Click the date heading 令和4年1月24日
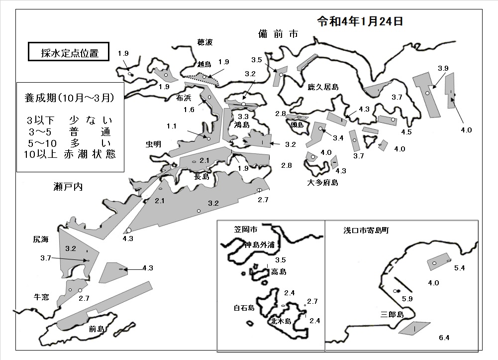point(360,21)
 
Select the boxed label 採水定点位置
point(69,52)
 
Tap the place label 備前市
point(278,33)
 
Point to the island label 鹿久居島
point(323,87)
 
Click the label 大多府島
point(322,182)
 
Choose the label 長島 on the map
point(201,176)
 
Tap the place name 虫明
point(153,144)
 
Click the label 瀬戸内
point(68,187)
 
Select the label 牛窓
point(41,297)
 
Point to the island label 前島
point(97,329)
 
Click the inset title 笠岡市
point(245,229)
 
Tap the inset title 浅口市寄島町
point(366,231)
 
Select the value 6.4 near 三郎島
point(444,338)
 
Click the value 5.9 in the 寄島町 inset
point(407,299)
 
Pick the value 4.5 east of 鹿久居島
point(406,132)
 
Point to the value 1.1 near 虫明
point(172,126)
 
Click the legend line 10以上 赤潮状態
point(70,154)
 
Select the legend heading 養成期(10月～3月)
point(69,98)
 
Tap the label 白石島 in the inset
point(244,308)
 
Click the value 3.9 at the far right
point(443,68)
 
